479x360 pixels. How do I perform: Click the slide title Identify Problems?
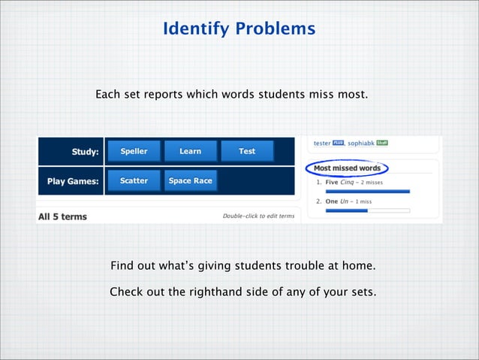click(239, 29)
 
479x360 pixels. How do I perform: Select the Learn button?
click(190, 151)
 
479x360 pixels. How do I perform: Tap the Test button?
click(247, 151)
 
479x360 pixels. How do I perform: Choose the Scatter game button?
click(134, 180)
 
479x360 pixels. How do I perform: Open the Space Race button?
click(190, 180)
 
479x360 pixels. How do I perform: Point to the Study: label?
click(85, 152)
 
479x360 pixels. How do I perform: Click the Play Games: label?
click(73, 181)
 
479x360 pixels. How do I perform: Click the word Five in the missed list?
click(331, 182)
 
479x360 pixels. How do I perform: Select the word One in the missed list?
click(331, 201)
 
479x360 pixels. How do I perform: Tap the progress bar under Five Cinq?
click(367, 191)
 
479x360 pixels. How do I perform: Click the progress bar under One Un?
click(367, 210)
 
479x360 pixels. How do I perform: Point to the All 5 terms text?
click(62, 216)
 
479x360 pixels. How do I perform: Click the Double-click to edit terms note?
click(258, 216)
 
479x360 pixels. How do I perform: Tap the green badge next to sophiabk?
click(381, 142)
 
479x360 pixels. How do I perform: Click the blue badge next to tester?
click(338, 142)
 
